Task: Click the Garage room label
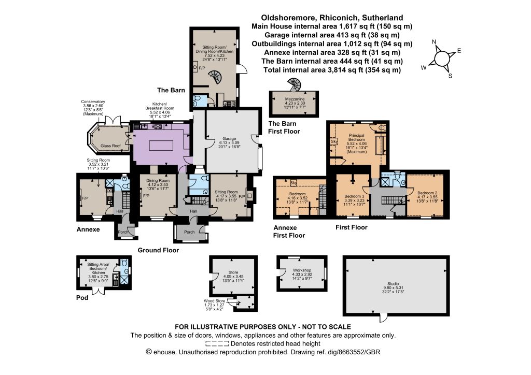click(229, 139)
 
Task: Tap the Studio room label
click(393, 284)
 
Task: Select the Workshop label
click(302, 270)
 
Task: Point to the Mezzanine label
click(295, 99)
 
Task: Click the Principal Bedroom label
click(357, 137)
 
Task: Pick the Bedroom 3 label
click(354, 196)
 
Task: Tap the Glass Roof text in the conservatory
click(110, 146)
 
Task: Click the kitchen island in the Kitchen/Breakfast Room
click(162, 146)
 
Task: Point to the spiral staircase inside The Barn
click(215, 77)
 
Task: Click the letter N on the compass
click(434, 42)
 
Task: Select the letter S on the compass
click(450, 76)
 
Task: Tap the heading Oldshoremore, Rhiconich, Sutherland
click(332, 18)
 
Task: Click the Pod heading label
click(82, 297)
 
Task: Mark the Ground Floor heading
click(158, 250)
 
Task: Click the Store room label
click(233, 272)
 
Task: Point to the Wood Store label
click(214, 300)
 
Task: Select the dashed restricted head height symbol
click(217, 344)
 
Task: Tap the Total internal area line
click(332, 70)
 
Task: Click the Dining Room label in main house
click(158, 181)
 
